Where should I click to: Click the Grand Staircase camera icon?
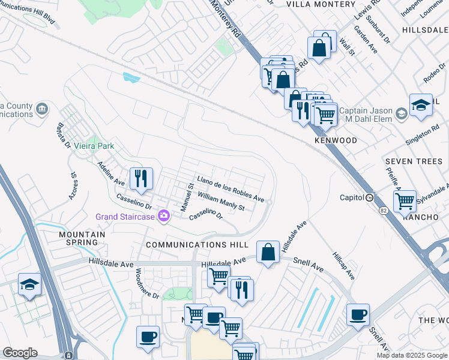click(163, 216)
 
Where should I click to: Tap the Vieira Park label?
click(94, 146)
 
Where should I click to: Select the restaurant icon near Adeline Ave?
click(142, 178)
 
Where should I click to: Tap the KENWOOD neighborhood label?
click(336, 140)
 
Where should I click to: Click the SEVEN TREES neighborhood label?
click(414, 161)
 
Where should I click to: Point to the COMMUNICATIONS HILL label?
click(197, 245)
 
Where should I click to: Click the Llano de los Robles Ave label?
click(231, 189)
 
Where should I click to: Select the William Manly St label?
click(221, 202)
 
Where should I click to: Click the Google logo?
click(20, 353)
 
